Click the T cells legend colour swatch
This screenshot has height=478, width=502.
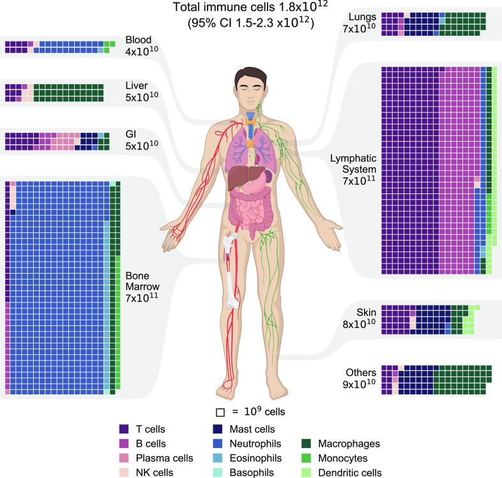pos(123,429)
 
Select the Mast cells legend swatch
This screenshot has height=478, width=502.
pos(217,429)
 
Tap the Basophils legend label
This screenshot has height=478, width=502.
pos(252,472)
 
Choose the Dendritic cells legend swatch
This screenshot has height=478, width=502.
pos(306,472)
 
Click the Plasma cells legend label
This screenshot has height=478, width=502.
pos(164,458)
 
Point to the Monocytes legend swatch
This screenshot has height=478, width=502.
pos(306,458)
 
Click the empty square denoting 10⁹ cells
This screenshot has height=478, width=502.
pos(220,412)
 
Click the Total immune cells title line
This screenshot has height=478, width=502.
pos(250,7)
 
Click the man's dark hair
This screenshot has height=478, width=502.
pos(250,76)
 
